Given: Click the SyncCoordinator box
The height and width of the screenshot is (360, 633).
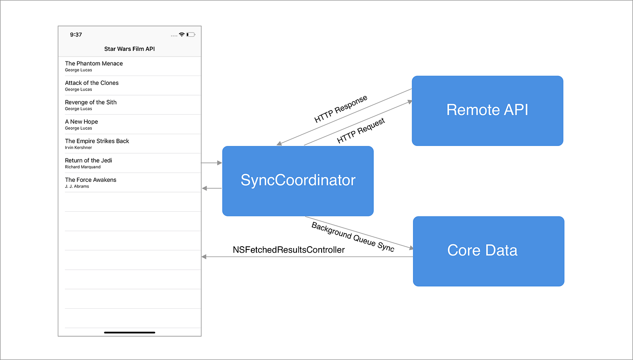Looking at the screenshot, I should (x=298, y=181).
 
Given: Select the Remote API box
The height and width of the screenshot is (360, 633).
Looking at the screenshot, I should (x=487, y=111).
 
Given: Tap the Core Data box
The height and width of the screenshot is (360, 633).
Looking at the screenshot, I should (x=488, y=251).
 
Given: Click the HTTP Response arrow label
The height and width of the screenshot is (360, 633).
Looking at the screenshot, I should (x=341, y=109).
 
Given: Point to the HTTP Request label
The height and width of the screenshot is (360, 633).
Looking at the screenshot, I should (x=361, y=131).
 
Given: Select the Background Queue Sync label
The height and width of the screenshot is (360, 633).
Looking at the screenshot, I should (x=353, y=237).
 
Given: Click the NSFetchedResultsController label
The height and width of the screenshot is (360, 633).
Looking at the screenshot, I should (x=289, y=250).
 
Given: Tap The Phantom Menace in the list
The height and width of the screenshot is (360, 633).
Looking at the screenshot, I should (x=94, y=63).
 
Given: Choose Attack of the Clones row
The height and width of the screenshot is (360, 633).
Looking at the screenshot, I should (x=92, y=83).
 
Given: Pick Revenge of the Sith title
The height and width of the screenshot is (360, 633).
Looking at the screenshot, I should (x=91, y=102).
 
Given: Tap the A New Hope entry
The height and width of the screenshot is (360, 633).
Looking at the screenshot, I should (x=82, y=122).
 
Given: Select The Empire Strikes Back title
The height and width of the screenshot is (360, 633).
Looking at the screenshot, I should (x=97, y=141).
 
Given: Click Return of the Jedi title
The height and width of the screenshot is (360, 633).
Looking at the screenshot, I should (x=89, y=160).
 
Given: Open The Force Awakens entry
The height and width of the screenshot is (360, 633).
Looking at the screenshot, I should (x=91, y=180).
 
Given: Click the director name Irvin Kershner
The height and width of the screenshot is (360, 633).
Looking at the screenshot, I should (x=78, y=147).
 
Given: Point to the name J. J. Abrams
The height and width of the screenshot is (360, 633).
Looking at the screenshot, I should (x=77, y=186).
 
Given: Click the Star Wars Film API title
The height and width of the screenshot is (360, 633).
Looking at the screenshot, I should (x=130, y=49).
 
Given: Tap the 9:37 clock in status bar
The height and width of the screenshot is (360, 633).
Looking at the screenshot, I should (x=76, y=35).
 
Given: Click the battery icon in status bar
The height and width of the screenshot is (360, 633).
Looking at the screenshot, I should (x=191, y=35).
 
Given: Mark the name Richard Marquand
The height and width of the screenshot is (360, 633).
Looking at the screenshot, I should (x=83, y=167).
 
